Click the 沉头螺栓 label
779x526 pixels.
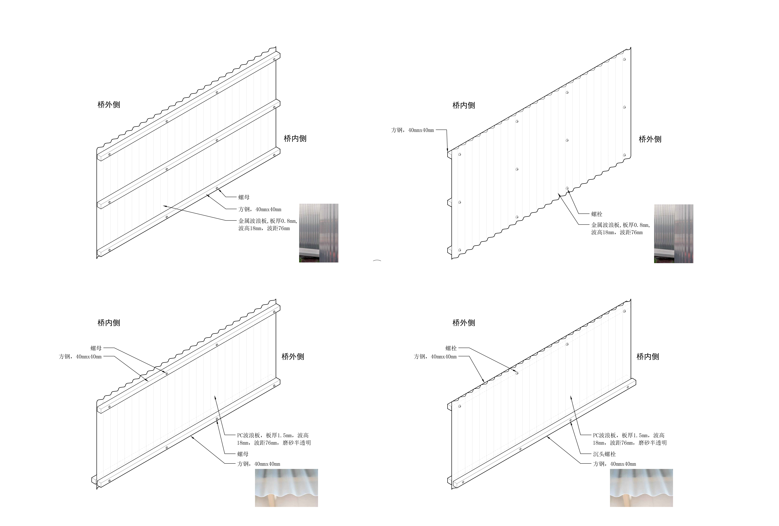point(604,454)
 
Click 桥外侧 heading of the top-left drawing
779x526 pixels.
point(109,105)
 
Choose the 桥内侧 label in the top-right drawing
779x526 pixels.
point(464,106)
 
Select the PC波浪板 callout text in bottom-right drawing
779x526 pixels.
point(629,439)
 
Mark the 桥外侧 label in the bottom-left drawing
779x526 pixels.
point(293,357)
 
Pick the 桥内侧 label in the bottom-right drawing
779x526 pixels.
point(648,357)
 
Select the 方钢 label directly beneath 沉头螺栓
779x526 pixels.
point(614,464)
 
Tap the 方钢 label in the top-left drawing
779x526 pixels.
point(260,209)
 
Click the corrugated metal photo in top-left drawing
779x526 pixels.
point(318,233)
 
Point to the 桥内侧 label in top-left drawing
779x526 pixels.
point(295,138)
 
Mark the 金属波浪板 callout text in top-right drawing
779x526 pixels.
point(620,229)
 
